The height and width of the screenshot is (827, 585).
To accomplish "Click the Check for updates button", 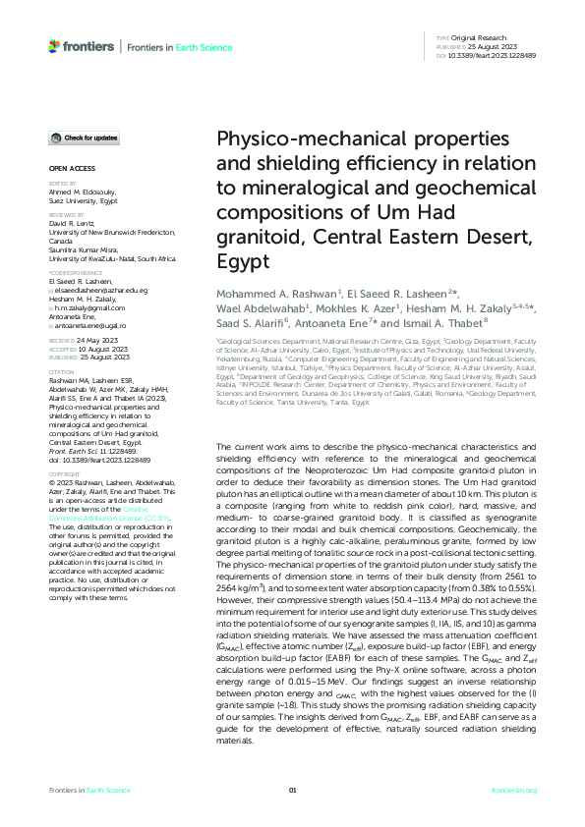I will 87,138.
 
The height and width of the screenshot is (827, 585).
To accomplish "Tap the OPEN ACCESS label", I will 67,170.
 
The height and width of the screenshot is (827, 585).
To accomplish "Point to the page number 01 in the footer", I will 292,791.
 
